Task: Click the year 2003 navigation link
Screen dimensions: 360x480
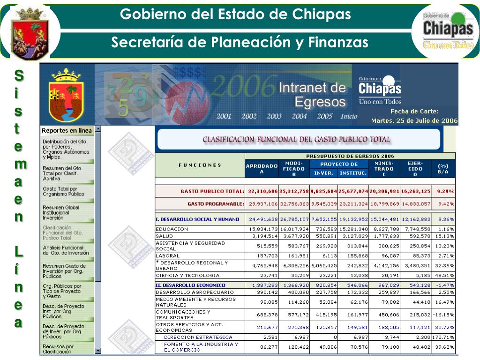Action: click(274, 117)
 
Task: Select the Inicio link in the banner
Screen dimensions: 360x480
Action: click(349, 117)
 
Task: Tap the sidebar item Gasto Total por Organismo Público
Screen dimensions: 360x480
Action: click(63, 191)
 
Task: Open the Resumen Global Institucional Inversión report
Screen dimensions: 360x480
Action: click(61, 212)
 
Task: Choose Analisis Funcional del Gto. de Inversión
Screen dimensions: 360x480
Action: click(66, 250)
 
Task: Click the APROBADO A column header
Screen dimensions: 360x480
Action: click(262, 168)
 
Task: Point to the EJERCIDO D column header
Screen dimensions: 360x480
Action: click(415, 168)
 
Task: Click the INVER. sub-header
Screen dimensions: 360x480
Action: click(323, 173)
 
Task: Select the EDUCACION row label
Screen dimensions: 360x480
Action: click(172, 229)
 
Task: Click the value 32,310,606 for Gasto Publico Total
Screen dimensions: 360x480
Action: click(263, 191)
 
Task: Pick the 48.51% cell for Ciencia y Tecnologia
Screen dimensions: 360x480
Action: click(443, 276)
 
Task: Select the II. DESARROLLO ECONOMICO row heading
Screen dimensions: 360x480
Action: click(190, 285)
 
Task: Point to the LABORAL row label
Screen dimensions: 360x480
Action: click(168, 256)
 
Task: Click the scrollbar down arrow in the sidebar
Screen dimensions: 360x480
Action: click(98, 350)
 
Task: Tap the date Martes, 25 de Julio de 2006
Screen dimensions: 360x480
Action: click(414, 120)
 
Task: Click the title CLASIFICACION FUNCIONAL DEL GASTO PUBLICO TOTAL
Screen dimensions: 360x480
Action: click(296, 139)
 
